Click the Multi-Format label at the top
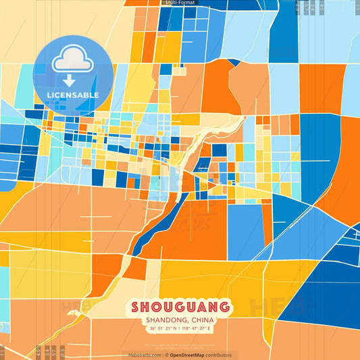tap(180, 3)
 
